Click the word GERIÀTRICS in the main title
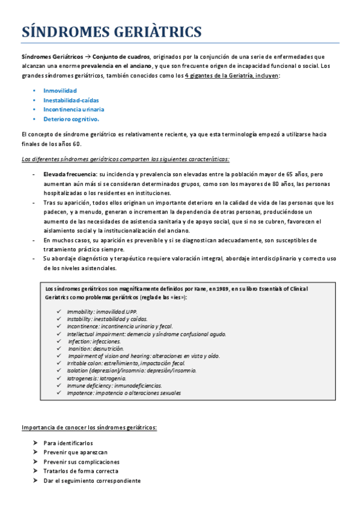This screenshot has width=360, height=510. point(160,31)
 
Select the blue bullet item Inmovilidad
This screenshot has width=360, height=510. point(60,90)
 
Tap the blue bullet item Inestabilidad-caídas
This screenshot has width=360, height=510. point(71,100)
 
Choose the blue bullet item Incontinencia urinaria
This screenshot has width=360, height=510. point(73,109)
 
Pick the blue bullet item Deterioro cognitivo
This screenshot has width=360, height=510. point(71,119)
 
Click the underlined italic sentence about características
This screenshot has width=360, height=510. point(125,159)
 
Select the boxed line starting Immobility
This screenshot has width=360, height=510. point(102,312)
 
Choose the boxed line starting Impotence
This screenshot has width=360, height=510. point(124,393)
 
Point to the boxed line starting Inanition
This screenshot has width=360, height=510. point(96,348)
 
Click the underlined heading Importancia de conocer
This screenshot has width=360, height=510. point(89,428)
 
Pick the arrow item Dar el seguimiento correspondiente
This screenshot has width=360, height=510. point(92,481)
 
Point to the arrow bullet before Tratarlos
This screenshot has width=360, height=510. point(37,472)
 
